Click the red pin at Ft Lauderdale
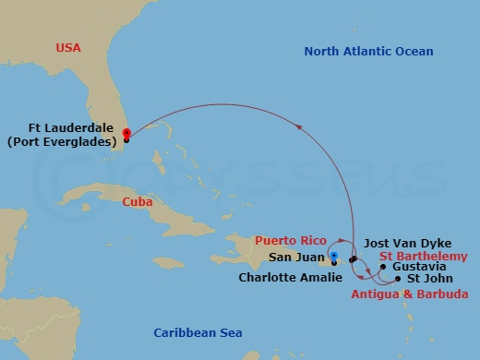pos(126,133)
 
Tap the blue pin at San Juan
pos(334,258)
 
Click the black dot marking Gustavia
pos(383,268)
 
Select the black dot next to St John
pos(398,278)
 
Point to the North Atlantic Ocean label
pos(368,52)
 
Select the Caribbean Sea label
pos(198,330)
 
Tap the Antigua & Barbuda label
pos(409,294)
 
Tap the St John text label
pos(427,278)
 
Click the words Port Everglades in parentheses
pos(73,142)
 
